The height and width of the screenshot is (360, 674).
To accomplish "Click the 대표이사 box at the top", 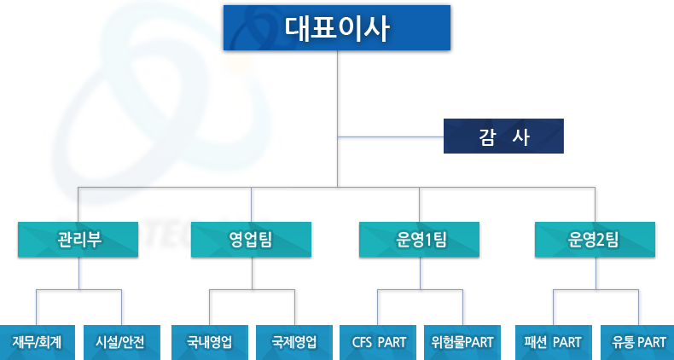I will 336,28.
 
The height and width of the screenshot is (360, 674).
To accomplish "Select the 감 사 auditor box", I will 503,136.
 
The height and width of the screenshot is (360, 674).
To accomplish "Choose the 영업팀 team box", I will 252,240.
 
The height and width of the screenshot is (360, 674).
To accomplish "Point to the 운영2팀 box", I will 595,240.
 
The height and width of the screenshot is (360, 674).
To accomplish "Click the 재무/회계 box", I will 37,342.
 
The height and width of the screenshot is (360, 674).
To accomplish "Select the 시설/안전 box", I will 121,342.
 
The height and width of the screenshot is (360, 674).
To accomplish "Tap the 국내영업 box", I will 209,342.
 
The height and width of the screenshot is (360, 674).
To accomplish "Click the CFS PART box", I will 379,342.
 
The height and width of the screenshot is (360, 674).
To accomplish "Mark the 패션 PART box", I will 553,342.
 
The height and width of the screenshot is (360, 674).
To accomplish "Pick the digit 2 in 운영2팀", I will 601,240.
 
